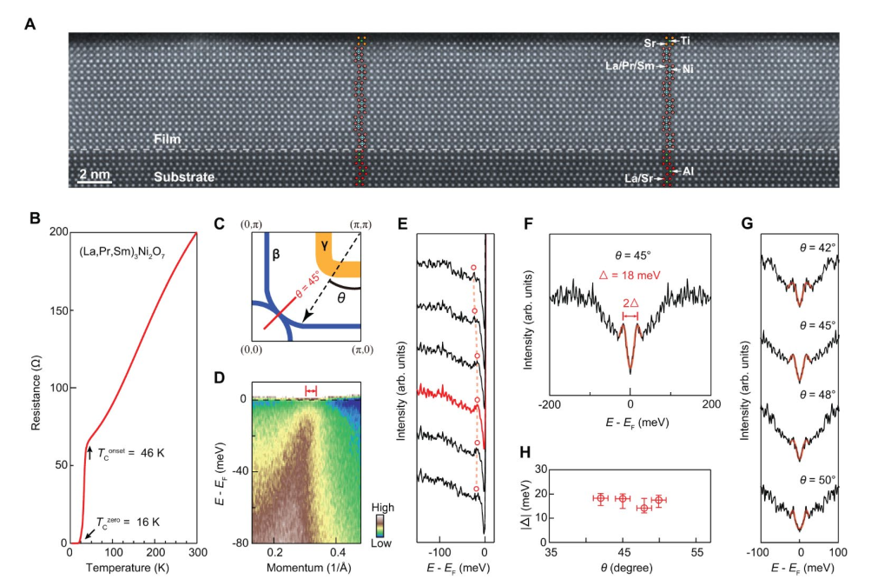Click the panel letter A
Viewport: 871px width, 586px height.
pyautogui.click(x=30, y=24)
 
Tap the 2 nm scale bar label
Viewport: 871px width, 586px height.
pyautogui.click(x=95, y=174)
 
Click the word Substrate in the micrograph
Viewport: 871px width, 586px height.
pyautogui.click(x=184, y=176)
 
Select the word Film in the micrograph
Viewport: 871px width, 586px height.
pyautogui.click(x=168, y=138)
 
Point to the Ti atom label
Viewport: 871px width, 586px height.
pyautogui.click(x=685, y=41)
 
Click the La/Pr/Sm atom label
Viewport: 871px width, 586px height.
pyautogui.click(x=630, y=65)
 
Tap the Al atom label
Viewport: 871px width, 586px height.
pyautogui.click(x=688, y=171)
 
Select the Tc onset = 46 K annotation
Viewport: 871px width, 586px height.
pyautogui.click(x=131, y=453)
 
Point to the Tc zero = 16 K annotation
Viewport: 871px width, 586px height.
pyautogui.click(x=128, y=522)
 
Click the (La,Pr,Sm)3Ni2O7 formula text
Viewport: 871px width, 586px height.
pyautogui.click(x=122, y=253)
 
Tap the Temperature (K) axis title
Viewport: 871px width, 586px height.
pyautogui.click(x=127, y=568)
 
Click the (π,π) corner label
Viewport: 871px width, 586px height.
pyautogui.click(x=360, y=224)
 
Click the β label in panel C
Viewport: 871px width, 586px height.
pyautogui.click(x=275, y=255)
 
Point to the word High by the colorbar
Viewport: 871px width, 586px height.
pyautogui.click(x=383, y=507)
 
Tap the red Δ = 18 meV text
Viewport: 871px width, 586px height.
pyautogui.click(x=630, y=275)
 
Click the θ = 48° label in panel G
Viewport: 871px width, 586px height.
pyautogui.click(x=817, y=394)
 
